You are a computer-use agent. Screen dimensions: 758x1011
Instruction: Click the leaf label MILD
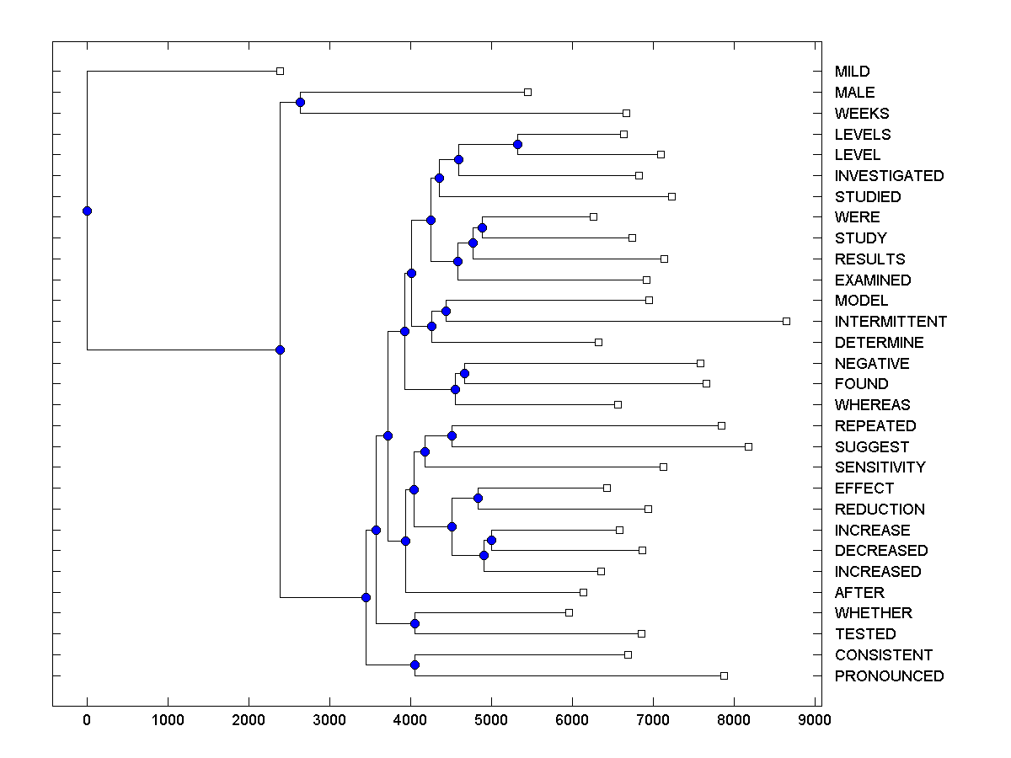click(852, 72)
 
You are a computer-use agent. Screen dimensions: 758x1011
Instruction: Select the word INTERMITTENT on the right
click(891, 322)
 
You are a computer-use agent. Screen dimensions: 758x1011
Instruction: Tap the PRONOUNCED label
click(889, 676)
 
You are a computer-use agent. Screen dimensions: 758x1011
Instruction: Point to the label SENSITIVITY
click(880, 467)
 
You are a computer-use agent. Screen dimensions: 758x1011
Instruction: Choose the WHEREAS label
click(872, 405)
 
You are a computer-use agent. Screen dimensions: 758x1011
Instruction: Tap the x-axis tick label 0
click(87, 720)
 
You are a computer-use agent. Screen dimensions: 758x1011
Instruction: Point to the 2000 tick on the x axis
click(249, 720)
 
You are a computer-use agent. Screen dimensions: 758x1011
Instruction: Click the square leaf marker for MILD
click(281, 72)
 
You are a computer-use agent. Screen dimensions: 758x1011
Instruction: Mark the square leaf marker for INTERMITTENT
click(786, 321)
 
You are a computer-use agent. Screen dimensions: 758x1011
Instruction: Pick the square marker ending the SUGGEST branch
click(748, 446)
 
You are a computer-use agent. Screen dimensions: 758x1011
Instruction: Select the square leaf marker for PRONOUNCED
click(724, 675)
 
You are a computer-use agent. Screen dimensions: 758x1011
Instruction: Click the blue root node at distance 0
click(87, 211)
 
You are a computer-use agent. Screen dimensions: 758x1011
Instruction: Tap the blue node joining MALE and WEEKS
click(300, 102)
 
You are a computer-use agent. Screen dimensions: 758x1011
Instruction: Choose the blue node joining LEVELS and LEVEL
click(517, 144)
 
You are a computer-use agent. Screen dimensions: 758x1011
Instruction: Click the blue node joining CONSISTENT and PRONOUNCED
click(415, 665)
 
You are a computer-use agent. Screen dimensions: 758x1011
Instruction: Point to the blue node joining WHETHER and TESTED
click(415, 623)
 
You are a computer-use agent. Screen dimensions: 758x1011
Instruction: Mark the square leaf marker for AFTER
click(583, 592)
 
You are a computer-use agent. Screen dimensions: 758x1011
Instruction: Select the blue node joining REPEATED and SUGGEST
click(452, 435)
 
